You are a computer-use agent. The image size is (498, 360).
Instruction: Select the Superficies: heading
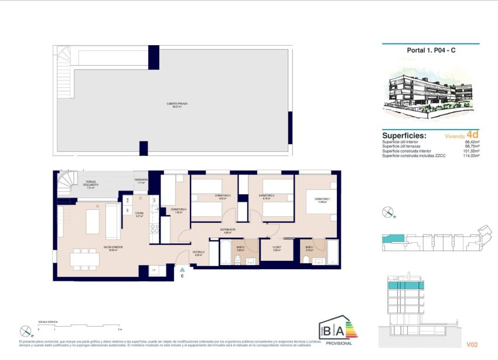click(x=404, y=135)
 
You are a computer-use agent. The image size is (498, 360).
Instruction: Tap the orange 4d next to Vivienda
click(x=473, y=134)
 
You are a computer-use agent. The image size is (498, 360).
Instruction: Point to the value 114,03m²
click(x=472, y=155)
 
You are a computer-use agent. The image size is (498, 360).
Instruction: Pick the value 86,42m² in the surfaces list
click(x=472, y=142)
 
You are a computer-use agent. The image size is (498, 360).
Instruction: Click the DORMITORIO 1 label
click(x=322, y=200)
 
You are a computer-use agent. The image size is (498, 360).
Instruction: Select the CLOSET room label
click(x=277, y=247)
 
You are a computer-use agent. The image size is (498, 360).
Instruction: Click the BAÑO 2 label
click(x=240, y=247)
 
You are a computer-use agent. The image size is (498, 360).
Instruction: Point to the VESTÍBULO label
click(x=199, y=253)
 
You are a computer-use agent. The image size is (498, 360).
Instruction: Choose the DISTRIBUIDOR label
click(x=228, y=230)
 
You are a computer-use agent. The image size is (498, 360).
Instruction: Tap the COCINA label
click(x=139, y=213)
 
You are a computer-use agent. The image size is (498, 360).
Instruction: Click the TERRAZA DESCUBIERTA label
click(x=91, y=185)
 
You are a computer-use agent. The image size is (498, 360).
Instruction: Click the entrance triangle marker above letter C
click(x=182, y=268)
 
